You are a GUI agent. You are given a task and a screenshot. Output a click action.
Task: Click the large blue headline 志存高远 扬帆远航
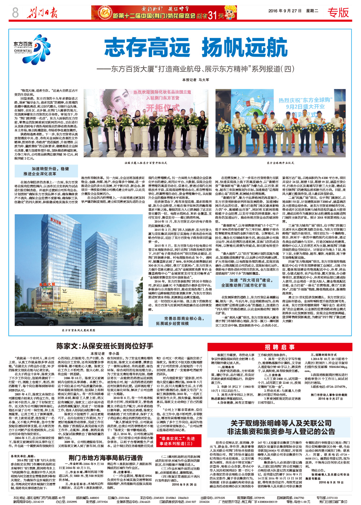(x=196, y=48)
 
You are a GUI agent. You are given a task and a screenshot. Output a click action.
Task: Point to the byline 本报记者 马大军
(x=196, y=80)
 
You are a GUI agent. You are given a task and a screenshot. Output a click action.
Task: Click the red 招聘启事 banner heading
(x=280, y=347)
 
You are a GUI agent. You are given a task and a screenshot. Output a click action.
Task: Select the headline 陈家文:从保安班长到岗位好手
(x=105, y=346)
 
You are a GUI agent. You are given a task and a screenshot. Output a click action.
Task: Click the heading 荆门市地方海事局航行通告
(x=106, y=457)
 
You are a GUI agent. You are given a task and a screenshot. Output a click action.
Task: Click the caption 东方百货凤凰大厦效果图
(x=78, y=330)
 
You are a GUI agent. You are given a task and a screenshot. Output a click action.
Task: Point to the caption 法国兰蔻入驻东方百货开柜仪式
(x=145, y=163)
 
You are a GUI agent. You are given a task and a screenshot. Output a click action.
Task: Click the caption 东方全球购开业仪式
(x=280, y=163)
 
